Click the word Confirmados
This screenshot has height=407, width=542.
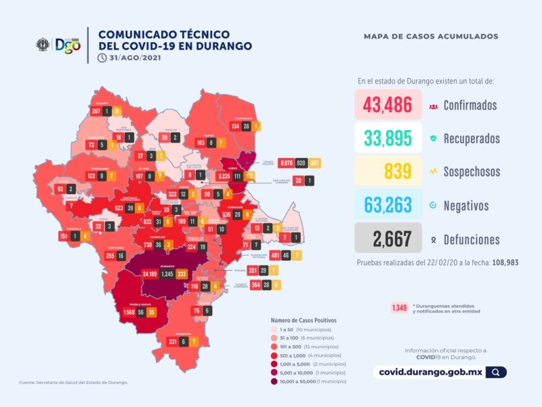pos(470,105)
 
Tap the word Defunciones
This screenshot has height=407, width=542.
pos(472,239)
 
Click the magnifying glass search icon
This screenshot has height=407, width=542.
pos(497,372)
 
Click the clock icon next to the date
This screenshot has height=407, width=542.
pos(102,58)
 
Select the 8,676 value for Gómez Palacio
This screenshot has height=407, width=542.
pos(285,163)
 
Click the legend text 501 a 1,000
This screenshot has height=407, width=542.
pos(291,355)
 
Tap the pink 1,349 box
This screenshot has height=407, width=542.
pos(398,307)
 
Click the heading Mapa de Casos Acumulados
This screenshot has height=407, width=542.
pos(431,36)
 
